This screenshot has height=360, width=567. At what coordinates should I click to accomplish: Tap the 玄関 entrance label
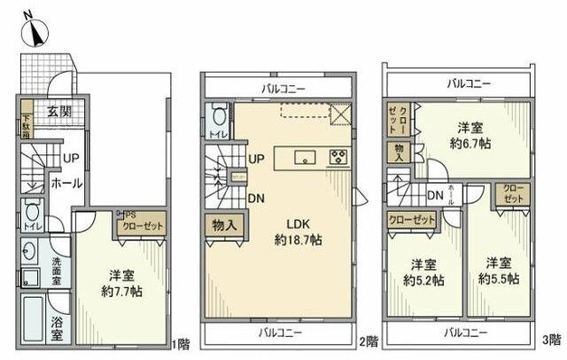click(59, 112)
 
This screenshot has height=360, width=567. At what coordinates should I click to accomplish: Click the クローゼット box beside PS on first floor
click(143, 226)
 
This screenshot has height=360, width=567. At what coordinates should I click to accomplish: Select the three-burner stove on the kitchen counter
click(338, 159)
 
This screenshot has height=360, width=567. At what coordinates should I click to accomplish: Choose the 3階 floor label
click(550, 339)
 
